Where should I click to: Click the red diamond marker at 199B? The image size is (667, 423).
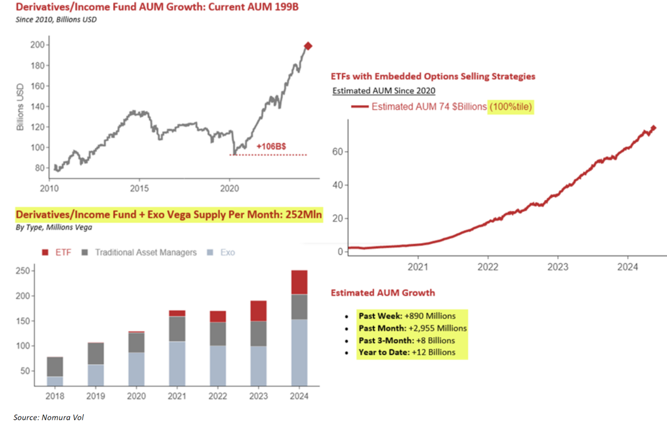coord(308,46)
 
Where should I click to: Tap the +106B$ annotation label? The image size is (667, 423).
coord(271,146)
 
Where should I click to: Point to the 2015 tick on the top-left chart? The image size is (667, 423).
coord(139,188)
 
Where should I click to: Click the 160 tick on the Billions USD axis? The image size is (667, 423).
coord(38,86)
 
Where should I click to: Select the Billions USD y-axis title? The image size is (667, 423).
coord(20,107)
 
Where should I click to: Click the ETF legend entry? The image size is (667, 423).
coord(57,252)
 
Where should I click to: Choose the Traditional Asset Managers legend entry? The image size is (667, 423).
coord(140,252)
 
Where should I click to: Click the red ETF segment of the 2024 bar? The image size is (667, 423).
coord(299,282)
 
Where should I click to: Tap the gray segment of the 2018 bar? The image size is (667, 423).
coord(55,366)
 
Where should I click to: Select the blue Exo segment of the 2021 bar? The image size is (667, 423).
coord(177,363)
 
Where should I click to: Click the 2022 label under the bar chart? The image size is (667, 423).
coord(217,396)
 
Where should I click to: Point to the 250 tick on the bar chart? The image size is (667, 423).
coord(23,271)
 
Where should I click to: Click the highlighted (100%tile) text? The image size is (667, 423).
coord(511,107)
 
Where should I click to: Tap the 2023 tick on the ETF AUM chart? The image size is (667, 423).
coord(558,267)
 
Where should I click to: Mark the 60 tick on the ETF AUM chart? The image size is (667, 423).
coord(338,152)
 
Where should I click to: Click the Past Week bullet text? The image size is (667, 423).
coord(407,316)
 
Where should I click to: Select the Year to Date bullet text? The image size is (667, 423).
coord(407,352)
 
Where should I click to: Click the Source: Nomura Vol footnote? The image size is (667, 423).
coord(48,417)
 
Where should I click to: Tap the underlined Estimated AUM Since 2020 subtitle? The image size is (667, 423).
coord(384,90)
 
